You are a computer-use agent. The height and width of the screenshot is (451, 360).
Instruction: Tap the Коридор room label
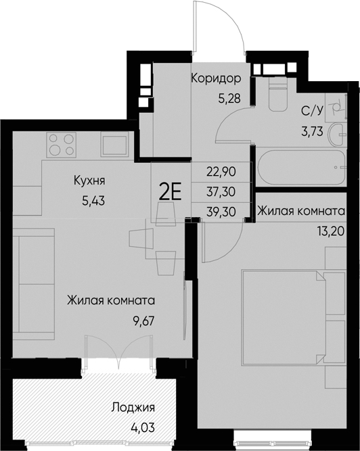(216, 78)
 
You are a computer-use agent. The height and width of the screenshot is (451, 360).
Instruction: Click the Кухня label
(90, 181)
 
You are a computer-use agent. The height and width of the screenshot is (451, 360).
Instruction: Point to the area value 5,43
(90, 200)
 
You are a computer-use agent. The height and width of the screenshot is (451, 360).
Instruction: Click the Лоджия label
(133, 408)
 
